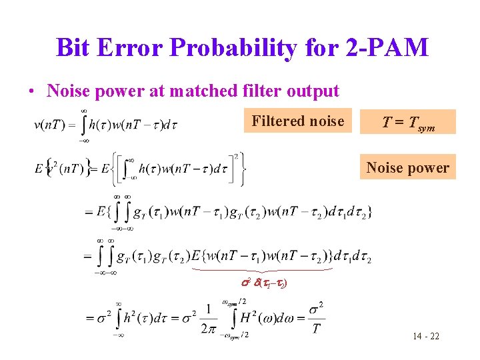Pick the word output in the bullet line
313,91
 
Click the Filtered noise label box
297,121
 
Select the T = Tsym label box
408,122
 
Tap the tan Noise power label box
408,168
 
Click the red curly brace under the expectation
261,270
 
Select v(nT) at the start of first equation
50,124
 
